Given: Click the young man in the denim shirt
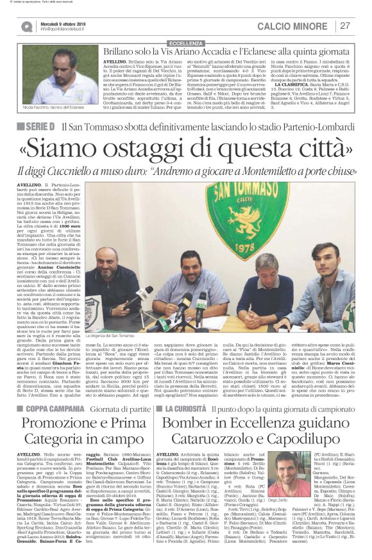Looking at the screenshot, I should [x=317, y=272].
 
